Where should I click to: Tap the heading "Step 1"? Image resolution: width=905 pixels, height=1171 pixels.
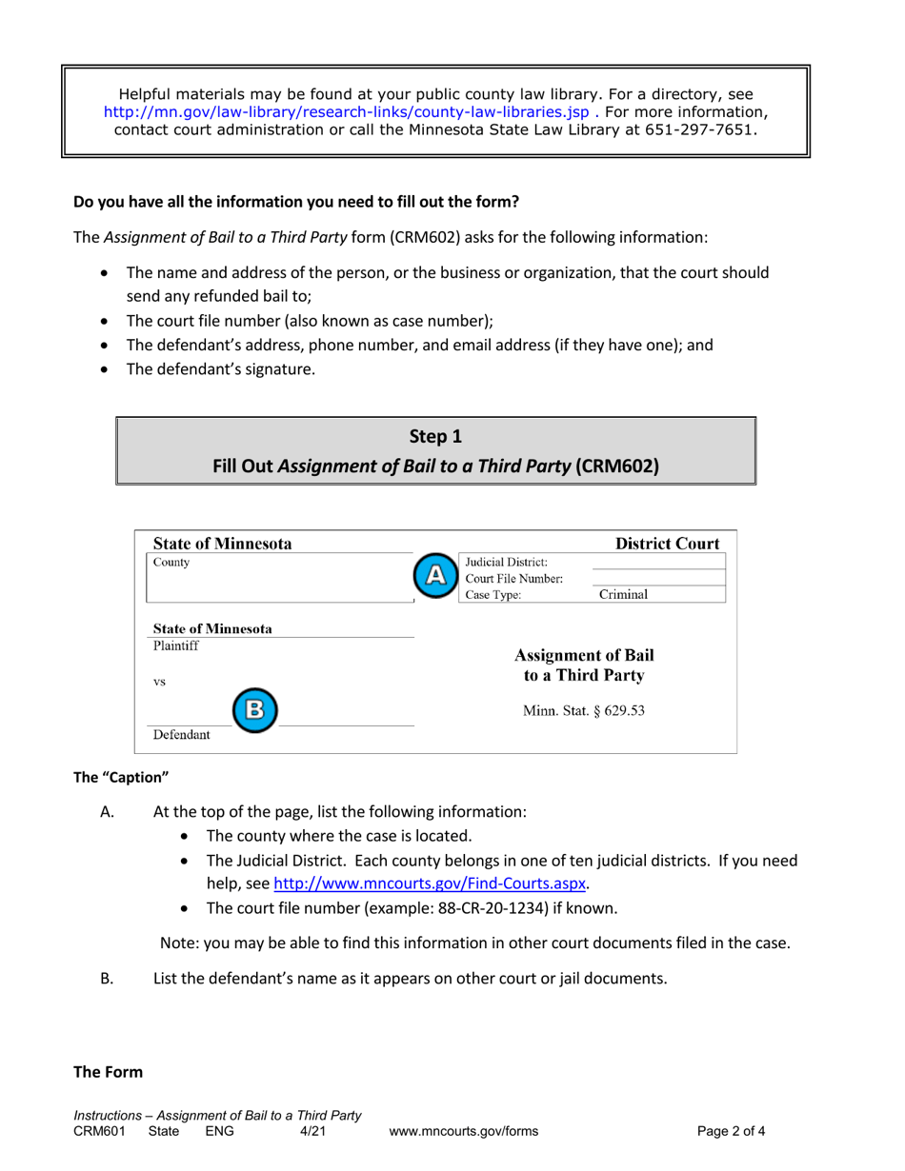point(435,437)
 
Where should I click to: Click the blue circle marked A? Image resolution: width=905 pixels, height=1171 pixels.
point(434,575)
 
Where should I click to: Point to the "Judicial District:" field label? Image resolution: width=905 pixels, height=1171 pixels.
point(506,561)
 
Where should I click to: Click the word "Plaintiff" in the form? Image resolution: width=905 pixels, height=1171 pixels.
point(176,645)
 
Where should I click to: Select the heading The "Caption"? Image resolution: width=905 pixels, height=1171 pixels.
point(121,778)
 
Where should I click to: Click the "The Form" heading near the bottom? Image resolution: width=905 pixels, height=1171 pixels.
point(109,1072)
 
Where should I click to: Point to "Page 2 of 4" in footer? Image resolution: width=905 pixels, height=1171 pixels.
point(732,1132)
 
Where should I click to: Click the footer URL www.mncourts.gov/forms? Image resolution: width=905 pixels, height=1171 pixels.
point(464,1132)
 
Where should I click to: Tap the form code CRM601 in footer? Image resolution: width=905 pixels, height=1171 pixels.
point(99,1132)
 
